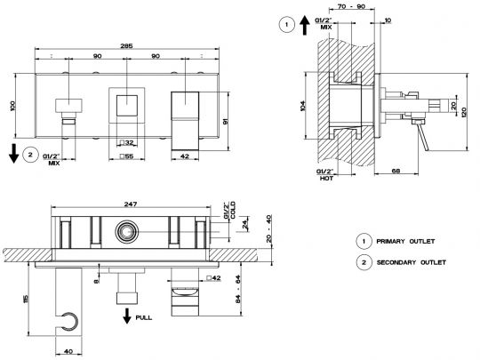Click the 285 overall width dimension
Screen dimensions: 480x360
click(x=126, y=46)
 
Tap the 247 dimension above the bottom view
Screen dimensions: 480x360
click(x=131, y=204)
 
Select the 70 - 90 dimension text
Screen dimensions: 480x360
click(x=352, y=6)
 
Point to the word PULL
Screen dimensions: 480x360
click(x=144, y=317)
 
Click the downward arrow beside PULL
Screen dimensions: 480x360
click(x=127, y=316)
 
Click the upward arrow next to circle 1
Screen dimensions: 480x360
click(x=304, y=26)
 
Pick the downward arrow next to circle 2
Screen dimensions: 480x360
click(x=13, y=154)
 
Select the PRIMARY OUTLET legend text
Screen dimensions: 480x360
click(x=405, y=241)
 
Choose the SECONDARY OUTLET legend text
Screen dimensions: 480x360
click(x=412, y=262)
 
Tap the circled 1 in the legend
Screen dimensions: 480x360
click(x=364, y=241)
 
